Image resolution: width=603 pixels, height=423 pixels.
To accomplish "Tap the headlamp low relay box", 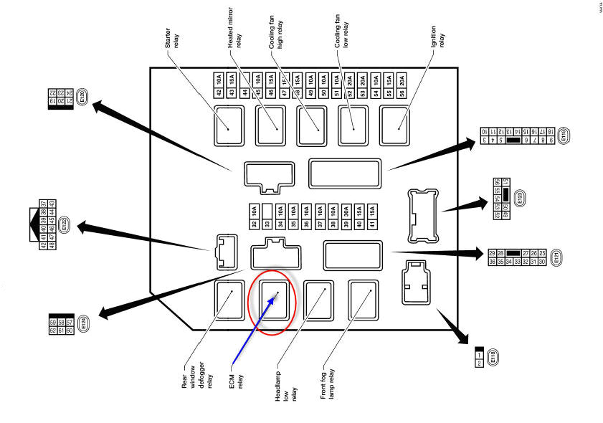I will point(317,299).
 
